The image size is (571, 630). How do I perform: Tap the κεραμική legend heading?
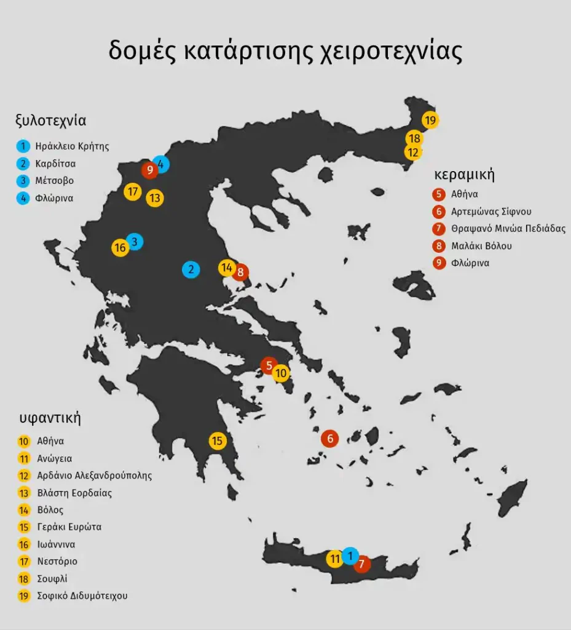(x=465, y=174)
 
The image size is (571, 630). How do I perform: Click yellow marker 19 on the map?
(x=430, y=120)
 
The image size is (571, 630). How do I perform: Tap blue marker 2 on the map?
(x=191, y=269)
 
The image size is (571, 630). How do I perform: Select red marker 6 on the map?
(x=330, y=439)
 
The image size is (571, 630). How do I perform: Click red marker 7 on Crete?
(x=362, y=564)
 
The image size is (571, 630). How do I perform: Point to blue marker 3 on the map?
(x=135, y=241)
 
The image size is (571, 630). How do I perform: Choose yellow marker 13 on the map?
(x=155, y=198)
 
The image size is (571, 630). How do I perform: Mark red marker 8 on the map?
(x=240, y=271)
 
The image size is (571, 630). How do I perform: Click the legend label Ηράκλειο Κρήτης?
(x=72, y=146)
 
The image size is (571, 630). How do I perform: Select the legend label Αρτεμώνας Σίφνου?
(x=491, y=212)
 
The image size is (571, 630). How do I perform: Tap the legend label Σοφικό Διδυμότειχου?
(x=82, y=596)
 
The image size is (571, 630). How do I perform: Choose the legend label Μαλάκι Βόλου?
(x=481, y=246)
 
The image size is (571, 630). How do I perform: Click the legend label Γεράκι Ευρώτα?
(x=69, y=527)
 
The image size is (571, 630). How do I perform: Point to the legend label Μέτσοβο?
(x=55, y=181)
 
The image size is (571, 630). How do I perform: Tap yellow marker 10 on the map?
(x=281, y=373)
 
